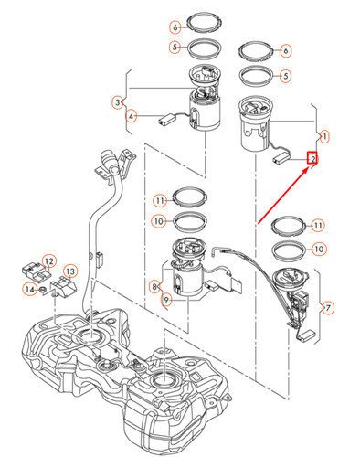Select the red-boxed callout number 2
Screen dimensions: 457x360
(x=312, y=158)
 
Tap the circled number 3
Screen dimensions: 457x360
(x=118, y=101)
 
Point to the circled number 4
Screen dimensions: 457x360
(x=132, y=117)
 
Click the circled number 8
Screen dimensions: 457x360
(x=155, y=286)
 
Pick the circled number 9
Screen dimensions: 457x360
(x=167, y=299)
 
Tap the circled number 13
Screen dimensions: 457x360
(x=69, y=271)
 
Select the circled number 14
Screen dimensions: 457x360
(x=29, y=290)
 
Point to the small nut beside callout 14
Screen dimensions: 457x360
(x=44, y=291)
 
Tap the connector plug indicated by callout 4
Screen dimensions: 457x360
(x=167, y=116)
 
